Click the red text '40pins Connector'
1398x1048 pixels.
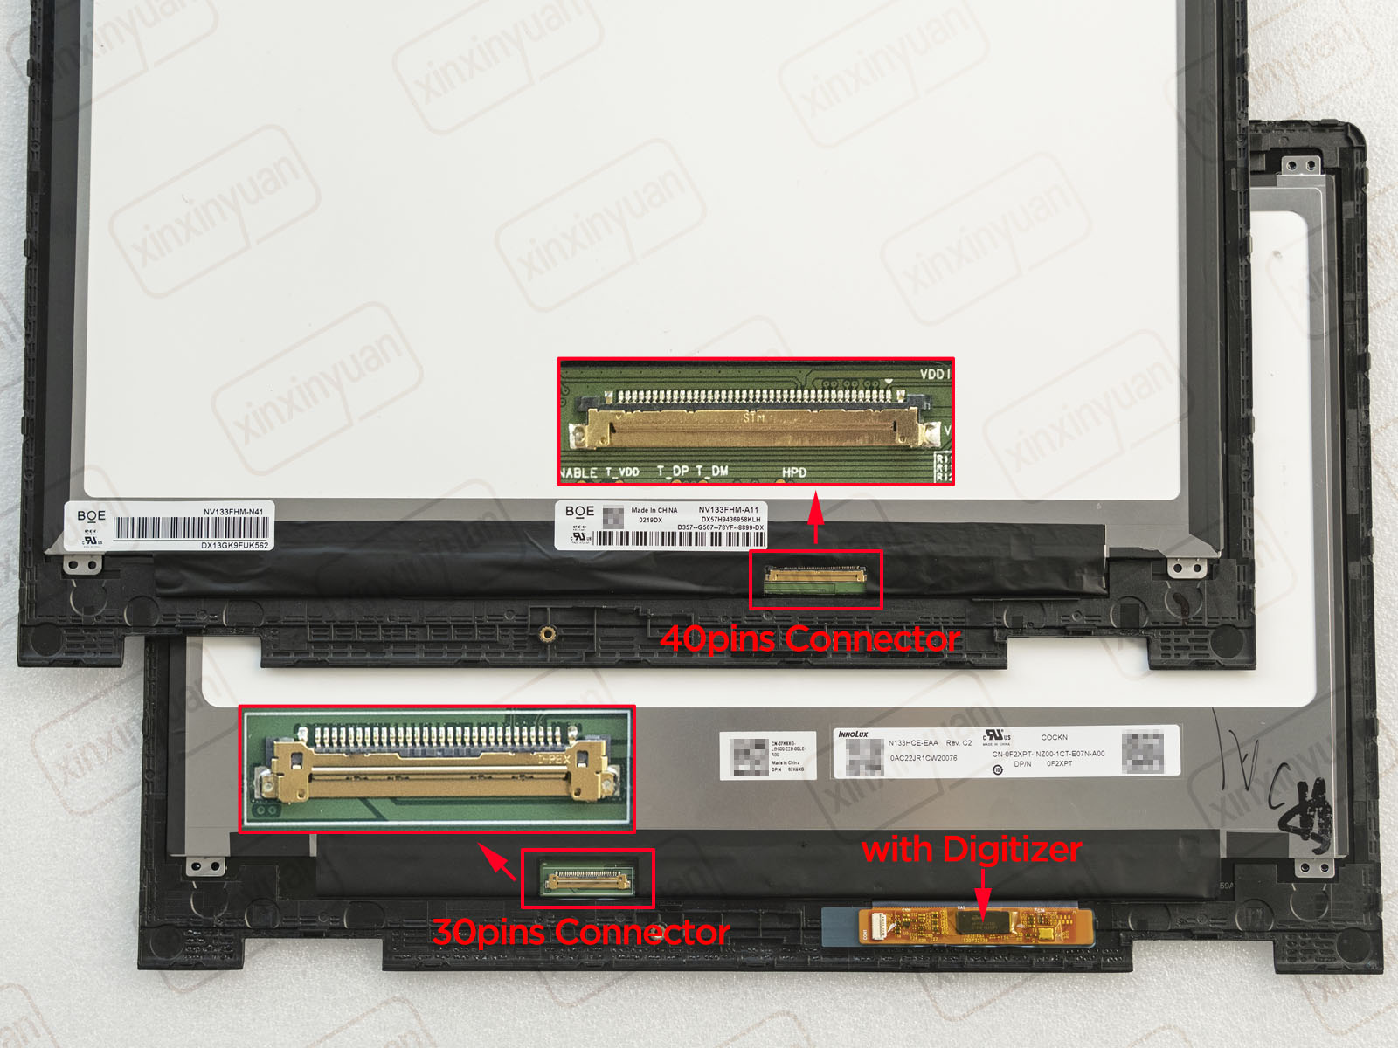pyautogui.click(x=810, y=639)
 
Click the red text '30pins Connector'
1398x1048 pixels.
pyautogui.click(x=581, y=933)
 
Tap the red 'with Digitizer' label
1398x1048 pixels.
pyautogui.click(x=972, y=850)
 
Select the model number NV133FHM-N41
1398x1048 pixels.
pyautogui.click(x=233, y=512)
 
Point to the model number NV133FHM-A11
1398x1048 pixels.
pyautogui.click(x=728, y=509)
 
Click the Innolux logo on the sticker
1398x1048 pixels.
pyautogui.click(x=854, y=734)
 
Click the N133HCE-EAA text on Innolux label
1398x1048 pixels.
pyautogui.click(x=913, y=743)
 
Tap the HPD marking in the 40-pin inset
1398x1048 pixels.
pyautogui.click(x=794, y=472)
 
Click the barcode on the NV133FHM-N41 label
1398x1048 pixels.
pyautogui.click(x=190, y=528)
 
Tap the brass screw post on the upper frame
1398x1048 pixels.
pyautogui.click(x=547, y=633)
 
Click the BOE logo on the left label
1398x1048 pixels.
pyautogui.click(x=91, y=515)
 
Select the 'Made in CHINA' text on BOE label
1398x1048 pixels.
pyautogui.click(x=654, y=510)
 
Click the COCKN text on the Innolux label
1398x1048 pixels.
pyautogui.click(x=1054, y=737)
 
